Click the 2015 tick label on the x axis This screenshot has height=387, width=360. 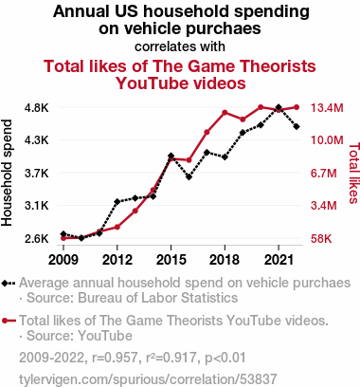click(x=171, y=260)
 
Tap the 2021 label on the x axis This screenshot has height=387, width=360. click(x=279, y=260)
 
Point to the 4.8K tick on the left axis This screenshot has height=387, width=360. click(x=37, y=108)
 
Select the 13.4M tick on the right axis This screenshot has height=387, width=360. click(x=327, y=108)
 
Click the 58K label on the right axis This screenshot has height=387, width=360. click(x=321, y=239)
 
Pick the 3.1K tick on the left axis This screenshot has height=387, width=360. click(x=37, y=206)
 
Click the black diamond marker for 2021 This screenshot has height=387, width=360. click(x=279, y=107)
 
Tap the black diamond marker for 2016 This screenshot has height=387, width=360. click(x=189, y=177)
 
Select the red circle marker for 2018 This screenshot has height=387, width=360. click(x=225, y=113)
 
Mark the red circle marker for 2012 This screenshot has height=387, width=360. click(x=117, y=227)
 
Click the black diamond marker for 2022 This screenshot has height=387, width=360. click(x=297, y=127)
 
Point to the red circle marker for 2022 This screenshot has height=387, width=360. click(x=297, y=107)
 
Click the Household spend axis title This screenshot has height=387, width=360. click(x=7, y=173)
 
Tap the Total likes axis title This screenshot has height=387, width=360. click(x=354, y=173)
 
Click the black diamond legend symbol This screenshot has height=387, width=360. click(x=9, y=283)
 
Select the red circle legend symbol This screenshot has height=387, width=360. click(x=9, y=321)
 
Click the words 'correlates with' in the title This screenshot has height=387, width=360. click(x=180, y=46)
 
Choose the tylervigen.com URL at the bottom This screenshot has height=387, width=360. click(x=148, y=378)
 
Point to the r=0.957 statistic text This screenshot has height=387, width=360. click(x=115, y=358)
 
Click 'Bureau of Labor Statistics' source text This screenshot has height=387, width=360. click(x=157, y=298)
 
